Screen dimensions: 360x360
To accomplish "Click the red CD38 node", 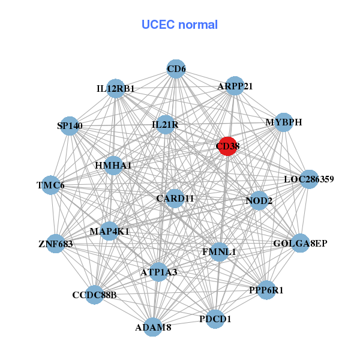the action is pos(227,146).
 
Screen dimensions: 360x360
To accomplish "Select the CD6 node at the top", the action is pos(176,70).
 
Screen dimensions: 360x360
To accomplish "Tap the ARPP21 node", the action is pos(235,86).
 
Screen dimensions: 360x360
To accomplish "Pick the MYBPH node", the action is pos(283,122).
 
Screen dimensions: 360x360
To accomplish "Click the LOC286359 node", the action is pos(308,179).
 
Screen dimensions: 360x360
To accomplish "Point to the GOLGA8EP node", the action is pos(299,243).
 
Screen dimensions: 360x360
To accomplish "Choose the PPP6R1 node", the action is pos(266,290).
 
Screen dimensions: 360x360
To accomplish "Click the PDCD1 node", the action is pos(215,319).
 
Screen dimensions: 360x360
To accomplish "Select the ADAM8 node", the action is pos(153,327).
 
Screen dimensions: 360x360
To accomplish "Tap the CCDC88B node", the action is pos(94,295).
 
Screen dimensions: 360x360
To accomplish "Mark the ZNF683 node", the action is pos(55,244).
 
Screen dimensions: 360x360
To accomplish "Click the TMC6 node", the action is pos(50,185).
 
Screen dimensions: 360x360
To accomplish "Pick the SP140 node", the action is pos(70,126).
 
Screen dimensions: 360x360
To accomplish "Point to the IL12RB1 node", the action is pos(116,89).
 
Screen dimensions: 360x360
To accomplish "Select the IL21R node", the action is pos(165,124).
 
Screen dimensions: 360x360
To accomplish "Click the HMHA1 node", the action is pos(113,165).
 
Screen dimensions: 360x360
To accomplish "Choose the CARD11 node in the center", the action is pos(174,198).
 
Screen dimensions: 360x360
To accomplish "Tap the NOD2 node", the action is pos(259,200).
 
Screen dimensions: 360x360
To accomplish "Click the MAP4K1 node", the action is pos(109,231).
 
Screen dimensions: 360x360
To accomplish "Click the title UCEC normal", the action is pos(179,25).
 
